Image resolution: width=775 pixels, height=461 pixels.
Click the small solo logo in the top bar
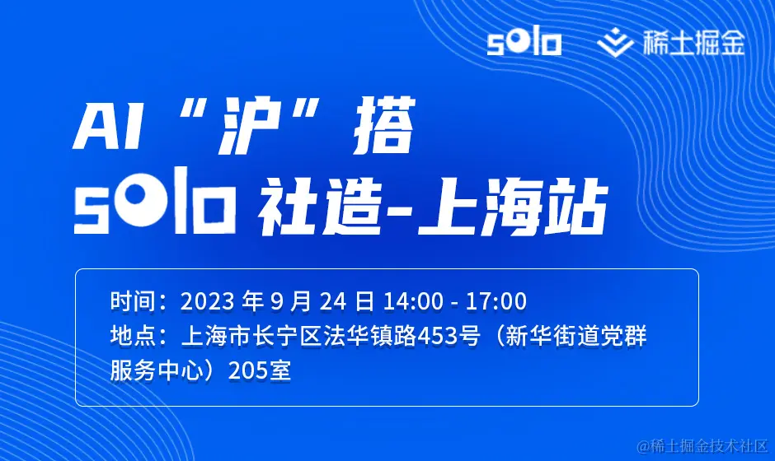(524, 43)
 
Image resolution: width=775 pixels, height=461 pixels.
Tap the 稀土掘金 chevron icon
(615, 43)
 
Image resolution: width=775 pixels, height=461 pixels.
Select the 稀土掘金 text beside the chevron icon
(693, 43)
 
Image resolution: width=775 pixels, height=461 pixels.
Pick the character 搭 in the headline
(383, 125)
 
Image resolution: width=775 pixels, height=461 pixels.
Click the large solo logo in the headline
(154, 200)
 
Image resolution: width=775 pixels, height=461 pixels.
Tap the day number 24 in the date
(333, 301)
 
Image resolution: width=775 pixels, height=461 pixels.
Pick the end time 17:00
(496, 301)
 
